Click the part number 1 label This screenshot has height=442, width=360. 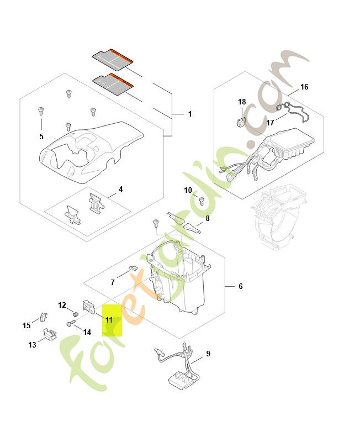click(x=190, y=114)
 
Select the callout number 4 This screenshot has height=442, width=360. click(x=121, y=189)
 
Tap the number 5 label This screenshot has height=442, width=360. click(x=41, y=136)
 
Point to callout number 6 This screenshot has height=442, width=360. click(x=241, y=286)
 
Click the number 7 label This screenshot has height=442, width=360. click(x=113, y=282)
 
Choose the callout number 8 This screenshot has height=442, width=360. click(x=207, y=218)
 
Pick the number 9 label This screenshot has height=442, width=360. click(x=208, y=353)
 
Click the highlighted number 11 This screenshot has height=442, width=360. click(x=109, y=320)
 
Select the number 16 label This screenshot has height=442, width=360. click(x=304, y=87)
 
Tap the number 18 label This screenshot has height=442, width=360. click(x=242, y=102)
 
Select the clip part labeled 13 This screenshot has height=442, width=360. click(x=50, y=335)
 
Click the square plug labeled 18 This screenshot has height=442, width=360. click(x=241, y=120)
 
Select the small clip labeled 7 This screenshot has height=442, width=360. click(x=133, y=269)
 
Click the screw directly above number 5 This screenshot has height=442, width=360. click(x=41, y=111)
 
